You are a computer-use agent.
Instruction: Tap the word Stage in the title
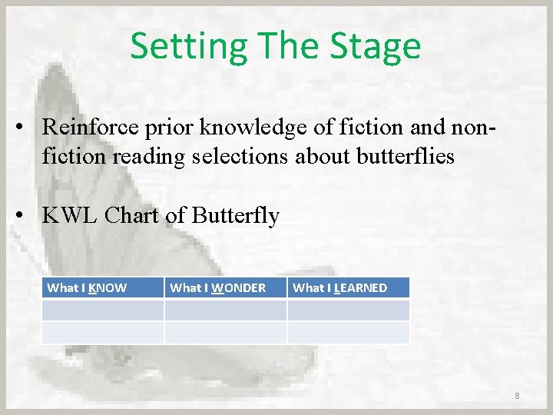click(x=376, y=46)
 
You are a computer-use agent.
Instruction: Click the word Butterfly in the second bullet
click(x=236, y=216)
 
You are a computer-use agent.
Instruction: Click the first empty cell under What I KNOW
click(x=102, y=310)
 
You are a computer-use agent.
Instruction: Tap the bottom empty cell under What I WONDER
click(x=225, y=332)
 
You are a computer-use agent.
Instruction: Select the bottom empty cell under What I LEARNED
click(x=348, y=332)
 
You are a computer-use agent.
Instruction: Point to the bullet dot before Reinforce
click(x=25, y=128)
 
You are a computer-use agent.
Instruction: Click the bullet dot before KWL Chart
click(x=25, y=217)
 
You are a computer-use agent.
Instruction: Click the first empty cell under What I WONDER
click(x=225, y=310)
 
